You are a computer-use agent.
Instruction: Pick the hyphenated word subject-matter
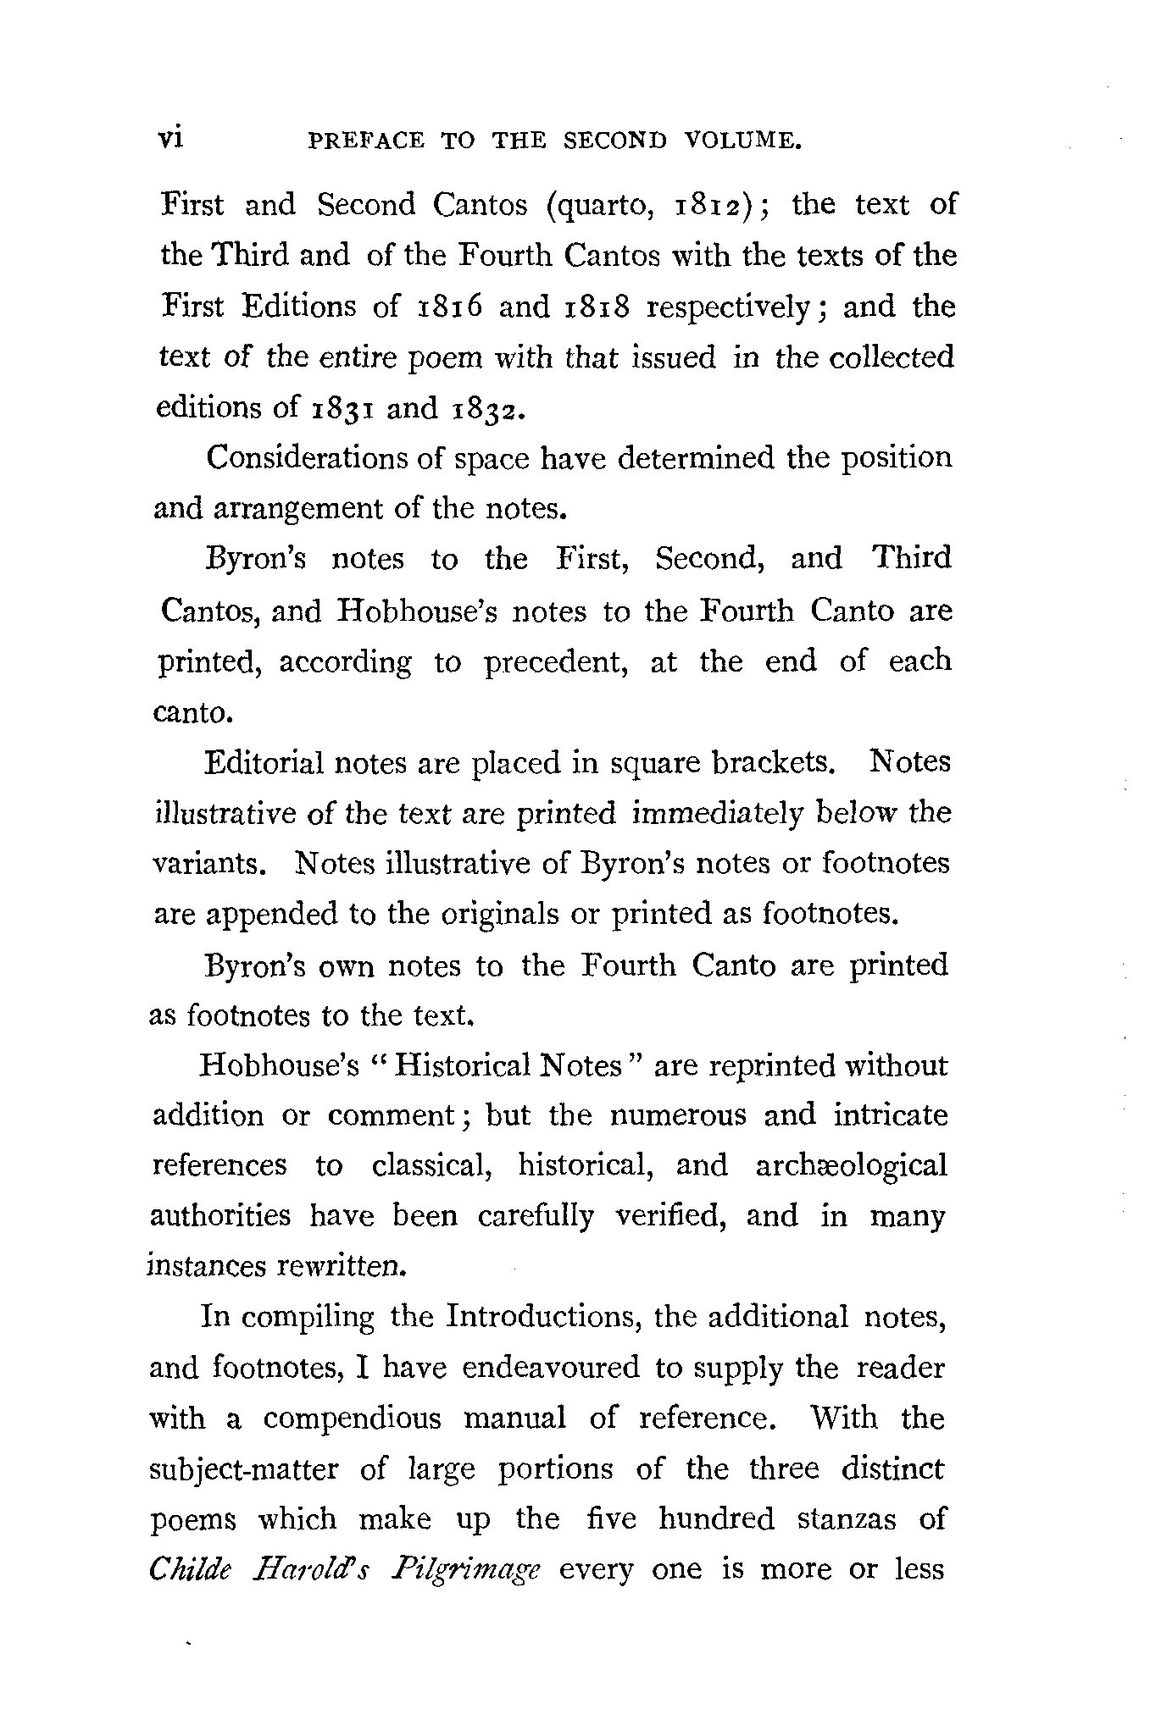pos(243,1469)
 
